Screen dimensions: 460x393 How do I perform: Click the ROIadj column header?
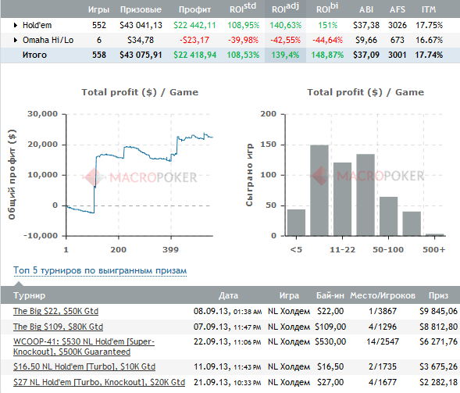point(285,8)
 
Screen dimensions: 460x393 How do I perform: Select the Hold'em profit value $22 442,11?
point(194,25)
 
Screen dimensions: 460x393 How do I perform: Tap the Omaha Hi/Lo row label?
point(48,40)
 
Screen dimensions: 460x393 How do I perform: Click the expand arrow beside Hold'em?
point(16,25)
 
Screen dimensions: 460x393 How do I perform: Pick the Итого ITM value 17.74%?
point(429,55)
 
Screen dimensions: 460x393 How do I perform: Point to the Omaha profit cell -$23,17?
point(194,40)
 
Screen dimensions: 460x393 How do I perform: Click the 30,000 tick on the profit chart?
point(42,114)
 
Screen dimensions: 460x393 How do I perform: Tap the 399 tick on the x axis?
point(170,250)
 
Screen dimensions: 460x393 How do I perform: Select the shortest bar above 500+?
point(434,234)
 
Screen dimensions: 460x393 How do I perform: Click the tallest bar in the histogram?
point(319,190)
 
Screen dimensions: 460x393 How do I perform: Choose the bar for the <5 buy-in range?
point(296,223)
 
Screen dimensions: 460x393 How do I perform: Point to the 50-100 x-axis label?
point(388,250)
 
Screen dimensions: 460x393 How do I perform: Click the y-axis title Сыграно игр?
point(249,175)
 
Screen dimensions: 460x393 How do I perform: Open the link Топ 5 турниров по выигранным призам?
point(100,270)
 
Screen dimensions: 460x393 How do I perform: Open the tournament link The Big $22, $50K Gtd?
point(55,311)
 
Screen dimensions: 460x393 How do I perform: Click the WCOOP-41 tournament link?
point(84,347)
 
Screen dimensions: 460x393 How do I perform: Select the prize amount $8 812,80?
point(439,327)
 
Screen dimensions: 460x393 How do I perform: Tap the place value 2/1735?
point(383,366)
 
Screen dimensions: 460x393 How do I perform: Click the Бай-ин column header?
point(330,295)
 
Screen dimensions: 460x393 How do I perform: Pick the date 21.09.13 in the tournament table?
point(211,382)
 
